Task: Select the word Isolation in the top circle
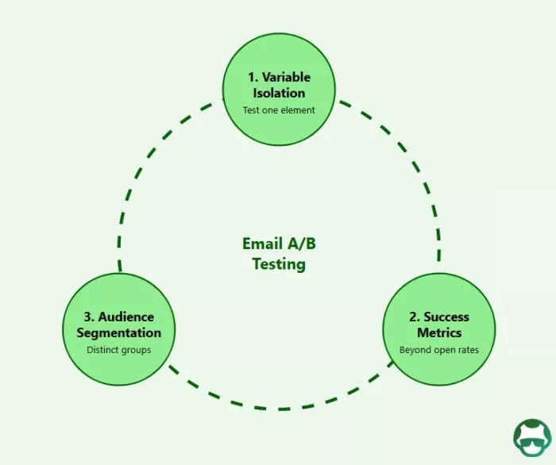click(279, 93)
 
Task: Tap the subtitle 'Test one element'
click(279, 110)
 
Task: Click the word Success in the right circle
click(446, 317)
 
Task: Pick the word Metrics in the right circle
click(439, 332)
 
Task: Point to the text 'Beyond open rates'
click(439, 350)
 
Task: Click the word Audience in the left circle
click(125, 317)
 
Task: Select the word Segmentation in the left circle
click(119, 332)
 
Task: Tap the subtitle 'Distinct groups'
click(118, 350)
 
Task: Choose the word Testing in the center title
click(279, 264)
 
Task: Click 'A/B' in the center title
click(301, 244)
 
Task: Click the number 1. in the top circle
click(253, 78)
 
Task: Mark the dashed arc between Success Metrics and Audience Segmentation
click(279, 409)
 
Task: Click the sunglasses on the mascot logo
click(531, 436)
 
